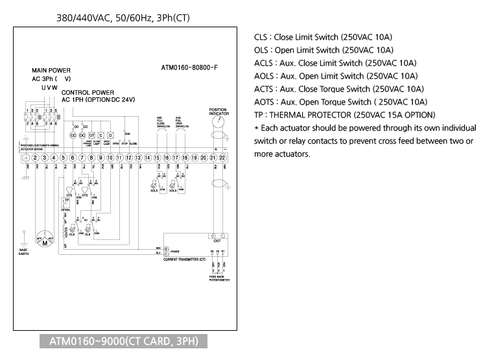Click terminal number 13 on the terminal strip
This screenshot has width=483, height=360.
138,158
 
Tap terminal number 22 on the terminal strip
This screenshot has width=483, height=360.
223,158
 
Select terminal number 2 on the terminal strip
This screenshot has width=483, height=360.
34,158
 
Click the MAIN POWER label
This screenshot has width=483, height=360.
51,70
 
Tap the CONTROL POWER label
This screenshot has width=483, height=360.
88,92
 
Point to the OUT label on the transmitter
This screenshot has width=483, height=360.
217,241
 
